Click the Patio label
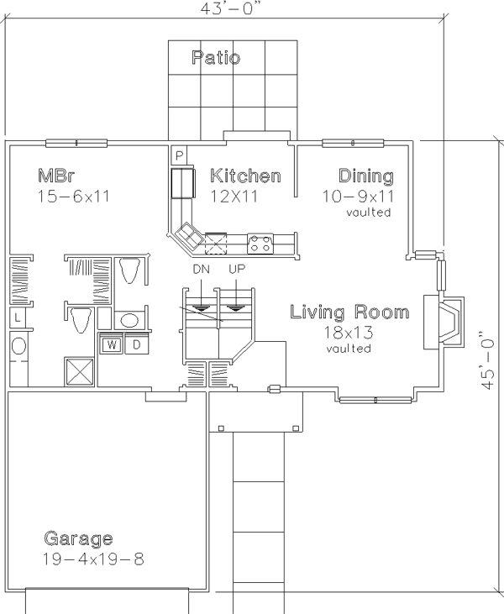(x=216, y=58)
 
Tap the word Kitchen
(x=245, y=176)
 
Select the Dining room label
(x=365, y=176)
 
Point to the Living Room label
(x=349, y=312)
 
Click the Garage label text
(x=78, y=538)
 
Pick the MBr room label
(x=55, y=176)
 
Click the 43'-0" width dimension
(x=230, y=8)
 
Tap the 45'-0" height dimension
(x=486, y=360)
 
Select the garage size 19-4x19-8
(x=93, y=559)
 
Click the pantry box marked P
(x=179, y=155)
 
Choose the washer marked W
(x=112, y=344)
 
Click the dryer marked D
(x=136, y=344)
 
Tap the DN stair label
(x=202, y=269)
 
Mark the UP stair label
(x=237, y=269)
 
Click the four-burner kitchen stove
(x=260, y=244)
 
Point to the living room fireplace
(x=444, y=323)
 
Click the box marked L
(x=17, y=317)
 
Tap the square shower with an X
(x=79, y=371)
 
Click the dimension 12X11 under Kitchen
(x=234, y=196)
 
